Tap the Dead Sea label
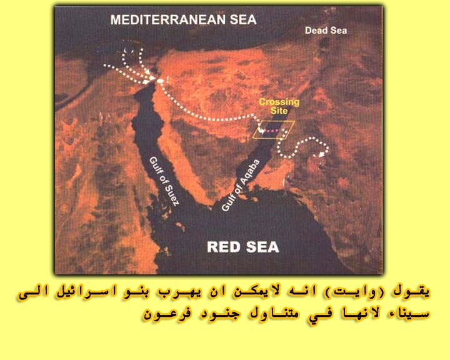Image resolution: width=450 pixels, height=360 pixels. (326, 31)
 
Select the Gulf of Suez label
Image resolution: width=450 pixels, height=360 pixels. (164, 181)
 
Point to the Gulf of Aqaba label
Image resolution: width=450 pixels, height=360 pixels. (241, 186)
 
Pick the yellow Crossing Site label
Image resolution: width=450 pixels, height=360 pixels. (279, 106)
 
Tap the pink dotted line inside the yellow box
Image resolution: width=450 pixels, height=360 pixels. (271, 131)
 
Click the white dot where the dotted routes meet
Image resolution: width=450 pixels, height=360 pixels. (161, 81)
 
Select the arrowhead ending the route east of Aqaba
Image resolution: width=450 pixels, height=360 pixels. (322, 154)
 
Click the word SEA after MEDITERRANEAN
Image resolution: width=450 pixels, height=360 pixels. (243, 20)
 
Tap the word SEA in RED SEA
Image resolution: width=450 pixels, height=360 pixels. (262, 247)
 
